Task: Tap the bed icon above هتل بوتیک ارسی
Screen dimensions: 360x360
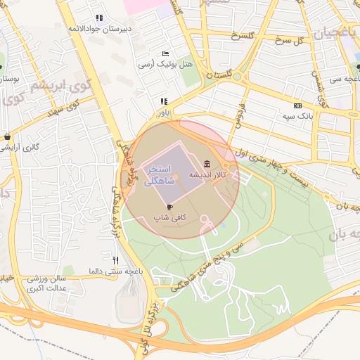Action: click(x=166, y=54)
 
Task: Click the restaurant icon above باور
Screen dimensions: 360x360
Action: click(x=164, y=101)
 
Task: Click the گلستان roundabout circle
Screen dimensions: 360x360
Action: click(x=237, y=76)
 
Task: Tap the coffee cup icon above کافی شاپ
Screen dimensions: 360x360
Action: click(x=169, y=207)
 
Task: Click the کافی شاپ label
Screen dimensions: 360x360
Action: click(x=169, y=218)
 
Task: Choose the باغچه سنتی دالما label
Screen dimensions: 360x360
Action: click(x=115, y=271)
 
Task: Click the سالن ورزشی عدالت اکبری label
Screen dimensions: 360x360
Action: click(x=46, y=283)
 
